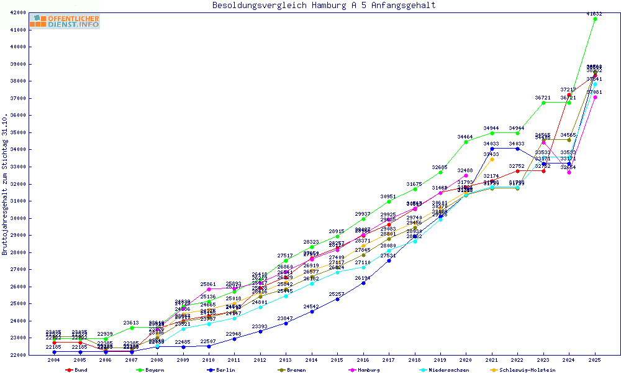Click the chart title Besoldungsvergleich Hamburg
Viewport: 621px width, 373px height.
(324, 6)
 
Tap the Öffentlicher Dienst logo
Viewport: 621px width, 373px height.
(65, 22)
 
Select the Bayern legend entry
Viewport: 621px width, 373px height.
(147, 370)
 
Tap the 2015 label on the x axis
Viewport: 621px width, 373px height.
(337, 360)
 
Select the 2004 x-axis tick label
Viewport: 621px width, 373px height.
(55, 360)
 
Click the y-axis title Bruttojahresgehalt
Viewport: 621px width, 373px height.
(5, 184)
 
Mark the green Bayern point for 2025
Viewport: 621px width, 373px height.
(595, 19)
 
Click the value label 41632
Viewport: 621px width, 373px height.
(594, 13)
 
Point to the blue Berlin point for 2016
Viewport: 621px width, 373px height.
(363, 283)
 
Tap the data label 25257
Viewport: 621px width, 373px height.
(337, 293)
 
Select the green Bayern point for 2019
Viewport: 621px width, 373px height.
(440, 172)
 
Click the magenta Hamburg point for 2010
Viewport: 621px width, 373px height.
(209, 289)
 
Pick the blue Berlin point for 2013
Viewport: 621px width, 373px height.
(286, 323)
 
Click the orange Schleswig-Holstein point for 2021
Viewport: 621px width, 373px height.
(492, 159)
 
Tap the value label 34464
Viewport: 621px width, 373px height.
(465, 136)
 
